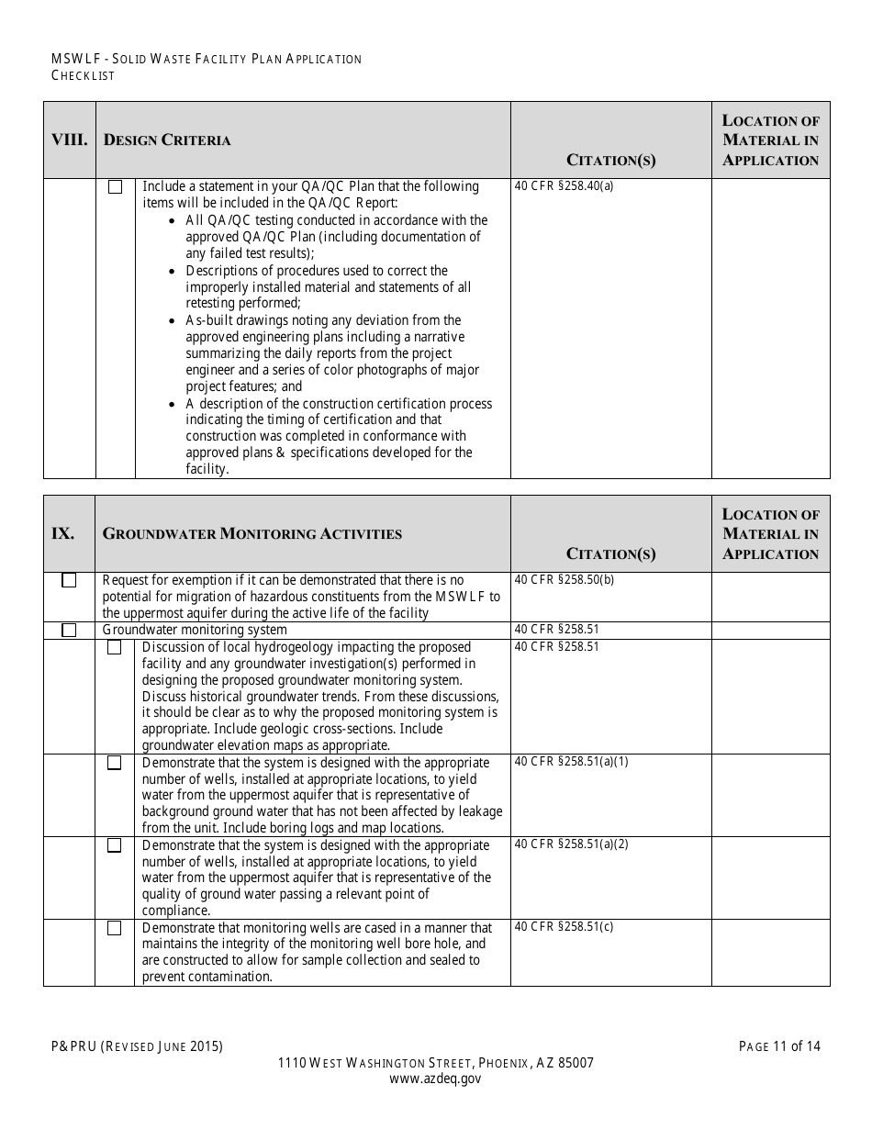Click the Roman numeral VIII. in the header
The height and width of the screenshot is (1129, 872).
[69, 140]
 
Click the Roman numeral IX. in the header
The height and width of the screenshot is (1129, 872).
[62, 534]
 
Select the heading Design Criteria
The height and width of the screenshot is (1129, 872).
[167, 140]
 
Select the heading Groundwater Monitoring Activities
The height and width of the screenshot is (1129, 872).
[252, 534]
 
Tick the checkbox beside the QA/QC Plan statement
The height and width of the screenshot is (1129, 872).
[115, 187]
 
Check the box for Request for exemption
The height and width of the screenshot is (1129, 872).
[69, 581]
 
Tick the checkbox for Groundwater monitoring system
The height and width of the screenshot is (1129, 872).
[69, 631]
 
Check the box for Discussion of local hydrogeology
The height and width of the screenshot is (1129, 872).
[115, 648]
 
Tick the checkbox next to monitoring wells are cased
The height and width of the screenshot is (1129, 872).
[115, 929]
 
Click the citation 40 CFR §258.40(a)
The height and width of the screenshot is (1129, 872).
[565, 186]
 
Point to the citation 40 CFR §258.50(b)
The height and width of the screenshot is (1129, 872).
[565, 580]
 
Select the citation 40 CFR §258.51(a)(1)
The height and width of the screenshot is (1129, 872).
[572, 762]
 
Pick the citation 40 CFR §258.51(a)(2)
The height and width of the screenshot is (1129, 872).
[572, 844]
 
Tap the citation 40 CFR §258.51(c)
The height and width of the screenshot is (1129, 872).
[565, 927]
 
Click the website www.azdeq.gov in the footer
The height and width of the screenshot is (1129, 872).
[435, 1079]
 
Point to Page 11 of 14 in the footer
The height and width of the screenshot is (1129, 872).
[779, 1046]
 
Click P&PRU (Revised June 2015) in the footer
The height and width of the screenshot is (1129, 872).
[137, 1046]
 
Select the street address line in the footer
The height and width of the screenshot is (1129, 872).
[435, 1063]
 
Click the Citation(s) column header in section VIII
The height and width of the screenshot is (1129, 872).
[610, 161]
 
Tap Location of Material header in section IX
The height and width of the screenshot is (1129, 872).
[770, 534]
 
